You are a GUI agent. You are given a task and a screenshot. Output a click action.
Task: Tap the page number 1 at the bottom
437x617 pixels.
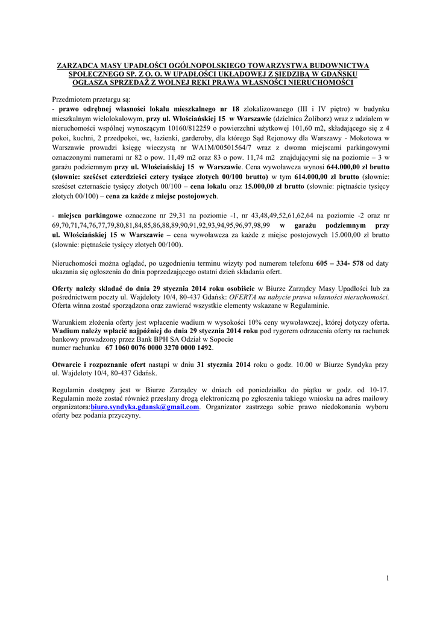point(388,578)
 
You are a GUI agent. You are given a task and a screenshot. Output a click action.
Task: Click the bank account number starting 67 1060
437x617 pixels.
point(159,348)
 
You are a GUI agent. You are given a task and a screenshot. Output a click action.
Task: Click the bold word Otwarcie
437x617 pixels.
point(69,365)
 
